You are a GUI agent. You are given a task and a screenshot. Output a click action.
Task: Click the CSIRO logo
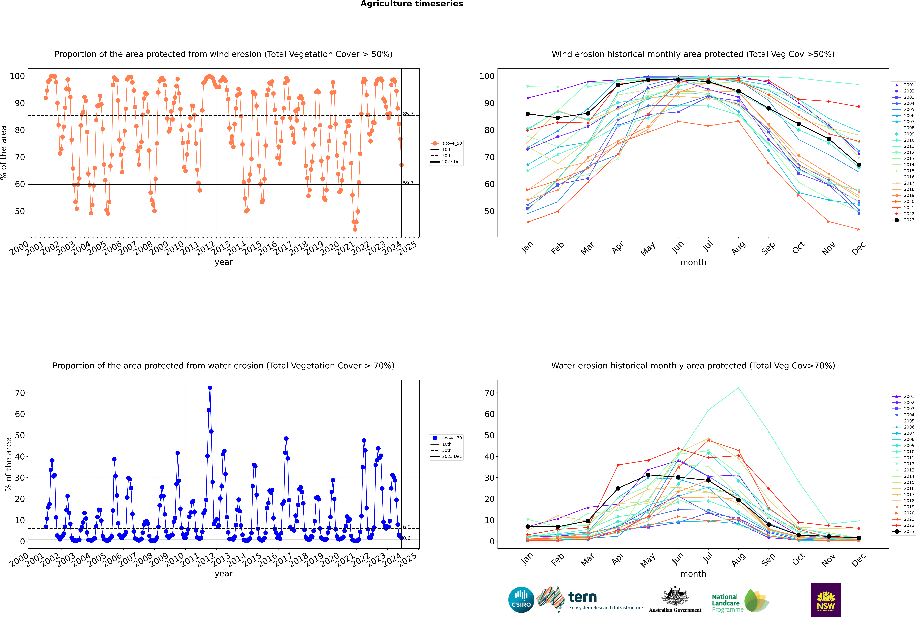521,600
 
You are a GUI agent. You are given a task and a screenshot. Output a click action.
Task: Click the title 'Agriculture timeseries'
412,4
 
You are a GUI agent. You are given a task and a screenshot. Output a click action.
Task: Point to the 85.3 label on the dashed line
408,114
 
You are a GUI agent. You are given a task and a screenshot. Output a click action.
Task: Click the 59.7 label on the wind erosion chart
408,183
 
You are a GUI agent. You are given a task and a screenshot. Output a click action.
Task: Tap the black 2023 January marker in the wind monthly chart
528,114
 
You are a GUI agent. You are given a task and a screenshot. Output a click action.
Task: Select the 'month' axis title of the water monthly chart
693,574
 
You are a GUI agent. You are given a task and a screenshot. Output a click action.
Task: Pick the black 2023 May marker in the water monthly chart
648,475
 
